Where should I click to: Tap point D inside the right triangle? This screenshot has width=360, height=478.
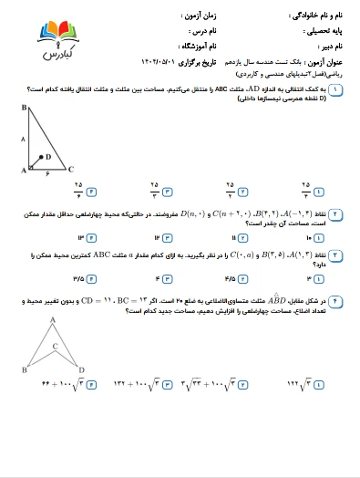tap(46, 156)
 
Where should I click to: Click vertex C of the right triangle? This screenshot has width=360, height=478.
tap(71, 171)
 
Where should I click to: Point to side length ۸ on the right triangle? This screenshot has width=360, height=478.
tap(21, 139)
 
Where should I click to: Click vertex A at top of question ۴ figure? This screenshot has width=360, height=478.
tap(53, 319)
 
